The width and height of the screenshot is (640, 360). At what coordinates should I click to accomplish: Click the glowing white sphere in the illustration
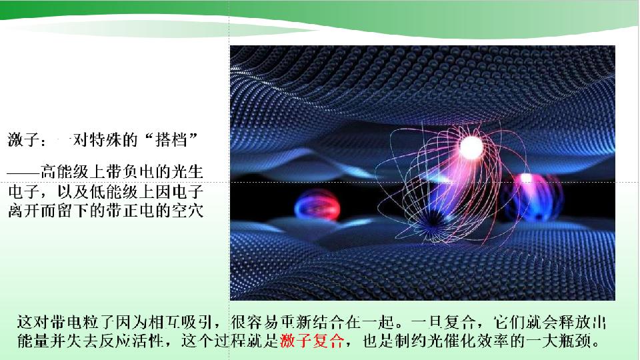(x=471, y=147)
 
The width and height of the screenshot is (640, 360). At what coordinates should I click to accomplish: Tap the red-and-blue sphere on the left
(x=317, y=205)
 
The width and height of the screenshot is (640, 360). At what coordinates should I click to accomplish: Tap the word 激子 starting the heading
(x=23, y=140)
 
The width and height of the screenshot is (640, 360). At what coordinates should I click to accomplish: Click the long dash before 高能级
(x=24, y=172)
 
